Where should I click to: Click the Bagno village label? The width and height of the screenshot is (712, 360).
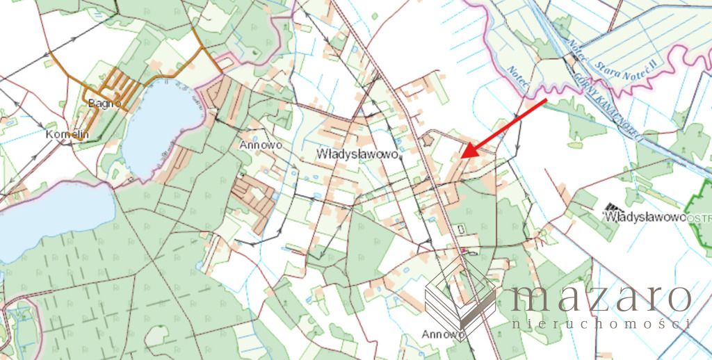(106, 104)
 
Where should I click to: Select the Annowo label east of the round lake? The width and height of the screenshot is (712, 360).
(258, 145)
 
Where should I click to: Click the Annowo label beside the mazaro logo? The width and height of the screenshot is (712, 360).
(443, 334)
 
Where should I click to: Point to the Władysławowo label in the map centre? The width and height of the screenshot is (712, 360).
(359, 153)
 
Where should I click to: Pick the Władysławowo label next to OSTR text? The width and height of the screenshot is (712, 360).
(645, 217)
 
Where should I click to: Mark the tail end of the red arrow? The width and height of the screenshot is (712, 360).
(546, 101)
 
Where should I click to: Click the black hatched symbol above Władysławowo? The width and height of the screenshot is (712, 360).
(613, 208)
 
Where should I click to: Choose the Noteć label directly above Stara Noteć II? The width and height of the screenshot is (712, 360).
(577, 52)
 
